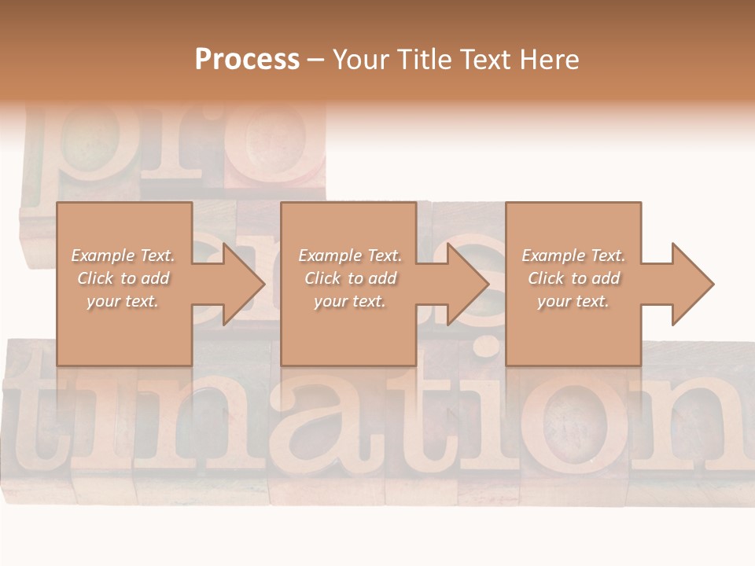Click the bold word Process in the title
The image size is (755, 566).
[247, 59]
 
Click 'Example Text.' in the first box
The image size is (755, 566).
[123, 255]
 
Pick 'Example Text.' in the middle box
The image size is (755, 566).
[350, 255]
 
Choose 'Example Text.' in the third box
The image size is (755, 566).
[573, 255]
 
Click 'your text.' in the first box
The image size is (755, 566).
[123, 301]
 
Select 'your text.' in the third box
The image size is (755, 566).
[573, 301]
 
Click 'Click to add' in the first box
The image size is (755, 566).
[123, 278]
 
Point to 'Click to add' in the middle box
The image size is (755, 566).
[350, 278]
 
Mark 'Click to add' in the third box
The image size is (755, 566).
[573, 278]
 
